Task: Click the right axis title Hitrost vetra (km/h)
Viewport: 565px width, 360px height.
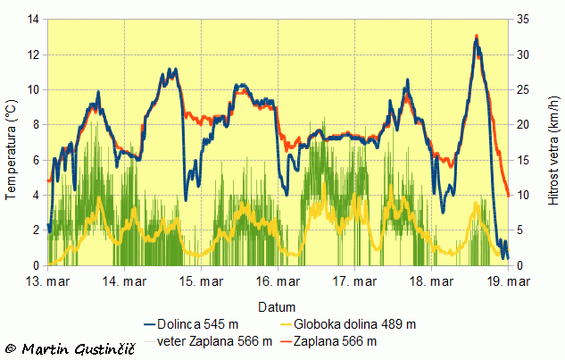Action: click(x=554, y=142)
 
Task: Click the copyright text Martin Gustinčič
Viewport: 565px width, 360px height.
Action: click(x=71, y=347)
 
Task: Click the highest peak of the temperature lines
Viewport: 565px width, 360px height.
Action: click(x=477, y=37)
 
